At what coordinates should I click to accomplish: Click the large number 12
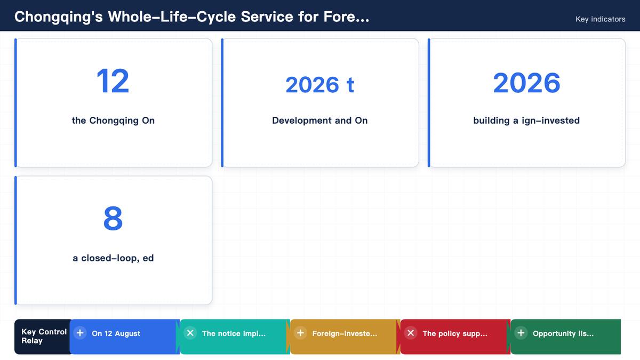pos(113,81)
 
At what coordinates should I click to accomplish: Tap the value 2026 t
pos(319,85)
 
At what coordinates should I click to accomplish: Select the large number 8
pos(113,219)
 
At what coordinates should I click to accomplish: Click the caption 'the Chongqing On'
pos(113,121)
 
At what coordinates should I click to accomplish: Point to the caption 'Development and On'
pos(319,121)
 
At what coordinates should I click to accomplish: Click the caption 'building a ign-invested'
pos(526,121)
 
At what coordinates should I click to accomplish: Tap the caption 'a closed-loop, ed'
pos(113,258)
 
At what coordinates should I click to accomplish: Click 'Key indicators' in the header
pos(601,19)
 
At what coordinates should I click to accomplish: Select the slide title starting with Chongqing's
pos(191,17)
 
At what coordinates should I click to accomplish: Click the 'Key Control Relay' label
pos(44,337)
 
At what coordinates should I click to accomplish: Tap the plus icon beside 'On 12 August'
pos(80,333)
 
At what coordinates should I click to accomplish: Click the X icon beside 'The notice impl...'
pos(190,333)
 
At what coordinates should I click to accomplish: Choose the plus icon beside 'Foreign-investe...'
pos(300,333)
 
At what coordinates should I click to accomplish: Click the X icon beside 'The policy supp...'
pos(411,333)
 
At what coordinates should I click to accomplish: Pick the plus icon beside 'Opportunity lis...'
pos(521,333)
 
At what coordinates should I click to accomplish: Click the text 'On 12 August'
pos(116,333)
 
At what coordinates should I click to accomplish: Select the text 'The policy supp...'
pos(455,333)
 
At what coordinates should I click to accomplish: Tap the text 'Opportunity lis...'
pos(563,333)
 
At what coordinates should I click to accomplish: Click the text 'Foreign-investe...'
pos(345,333)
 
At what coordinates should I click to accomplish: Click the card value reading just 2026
pos(526,83)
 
